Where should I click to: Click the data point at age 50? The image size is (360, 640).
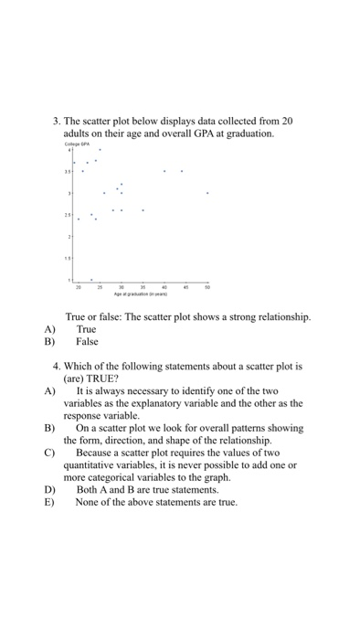207,193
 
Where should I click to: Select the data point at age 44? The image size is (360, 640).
182,171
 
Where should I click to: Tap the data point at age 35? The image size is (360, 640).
143,210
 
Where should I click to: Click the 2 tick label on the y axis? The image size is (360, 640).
69,237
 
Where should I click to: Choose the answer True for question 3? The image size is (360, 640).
87,328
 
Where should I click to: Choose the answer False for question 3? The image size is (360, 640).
88,341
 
